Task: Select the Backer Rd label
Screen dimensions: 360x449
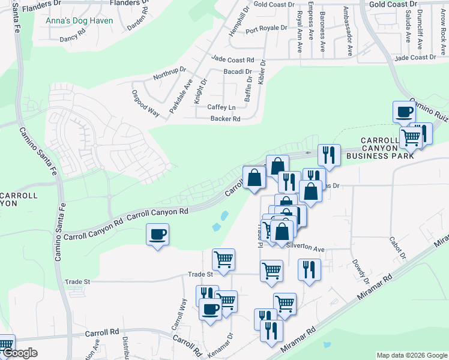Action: pyautogui.click(x=225, y=119)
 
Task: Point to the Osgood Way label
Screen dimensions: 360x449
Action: pyautogui.click(x=145, y=103)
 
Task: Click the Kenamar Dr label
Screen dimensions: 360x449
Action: pyautogui.click(x=228, y=344)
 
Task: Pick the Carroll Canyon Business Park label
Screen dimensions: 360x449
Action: pyautogui.click(x=388, y=148)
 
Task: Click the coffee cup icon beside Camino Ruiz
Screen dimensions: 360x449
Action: pyautogui.click(x=403, y=112)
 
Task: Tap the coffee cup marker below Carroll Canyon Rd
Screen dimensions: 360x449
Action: pyautogui.click(x=157, y=234)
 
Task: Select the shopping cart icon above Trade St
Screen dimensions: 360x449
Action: pyautogui.click(x=223, y=260)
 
